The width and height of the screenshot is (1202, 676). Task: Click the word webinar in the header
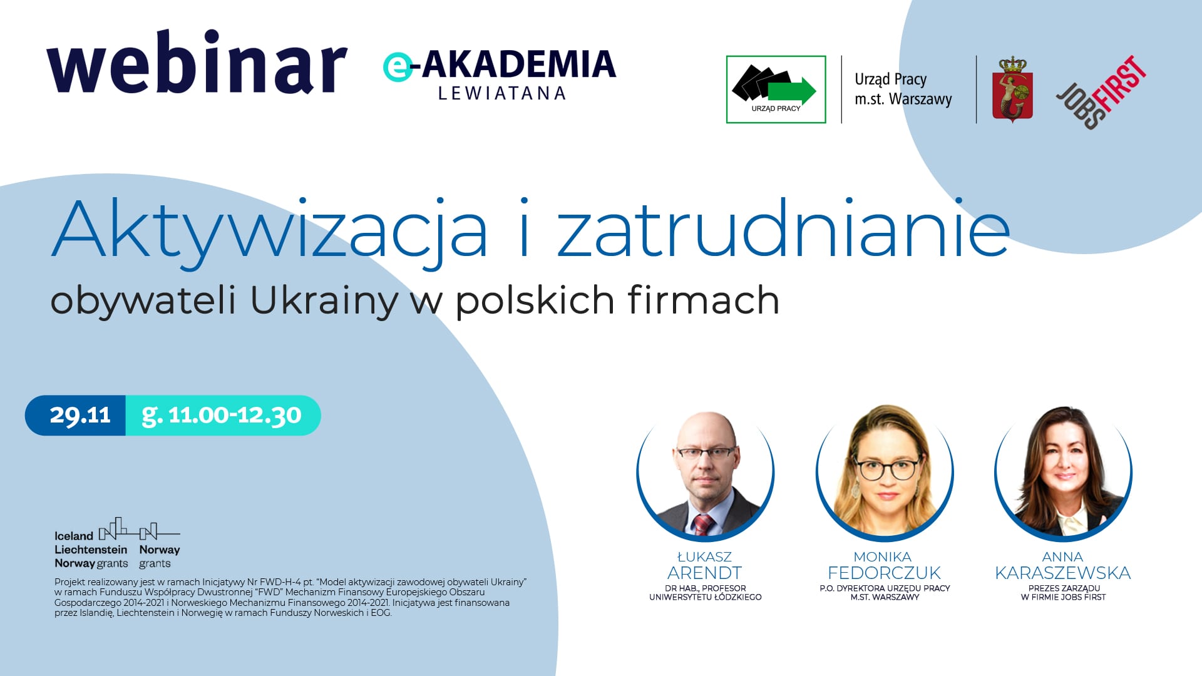pyautogui.click(x=197, y=63)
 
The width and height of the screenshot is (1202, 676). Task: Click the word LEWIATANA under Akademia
pyautogui.click(x=502, y=93)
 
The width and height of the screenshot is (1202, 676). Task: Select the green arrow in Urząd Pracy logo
pyautogui.click(x=792, y=91)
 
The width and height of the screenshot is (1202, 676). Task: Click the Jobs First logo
pyautogui.click(x=1101, y=92)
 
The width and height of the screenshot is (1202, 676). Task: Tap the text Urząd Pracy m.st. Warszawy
pyautogui.click(x=903, y=89)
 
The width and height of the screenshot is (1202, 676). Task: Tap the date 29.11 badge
pyautogui.click(x=80, y=415)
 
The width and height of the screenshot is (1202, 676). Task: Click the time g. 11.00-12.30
pyautogui.click(x=222, y=416)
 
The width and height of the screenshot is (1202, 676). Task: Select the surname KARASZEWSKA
pyautogui.click(x=1063, y=573)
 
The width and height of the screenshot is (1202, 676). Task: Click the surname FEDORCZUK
pyautogui.click(x=884, y=573)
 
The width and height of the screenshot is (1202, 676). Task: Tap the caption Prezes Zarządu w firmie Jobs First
pyautogui.click(x=1063, y=593)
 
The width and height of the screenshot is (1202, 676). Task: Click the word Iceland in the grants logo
pyautogui.click(x=74, y=536)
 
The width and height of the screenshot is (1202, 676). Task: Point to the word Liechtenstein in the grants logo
pyautogui.click(x=91, y=550)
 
